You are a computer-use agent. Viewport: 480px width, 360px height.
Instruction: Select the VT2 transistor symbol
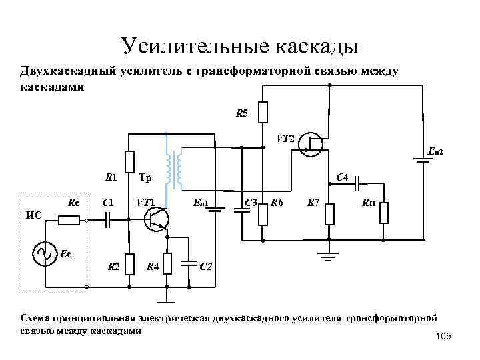click(311, 143)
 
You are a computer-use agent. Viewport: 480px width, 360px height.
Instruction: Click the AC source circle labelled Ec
click(47, 254)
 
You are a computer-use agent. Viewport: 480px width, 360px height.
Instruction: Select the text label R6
click(277, 202)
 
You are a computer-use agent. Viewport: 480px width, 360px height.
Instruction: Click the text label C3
click(251, 202)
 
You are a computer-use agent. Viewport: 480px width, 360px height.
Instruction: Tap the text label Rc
click(74, 202)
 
